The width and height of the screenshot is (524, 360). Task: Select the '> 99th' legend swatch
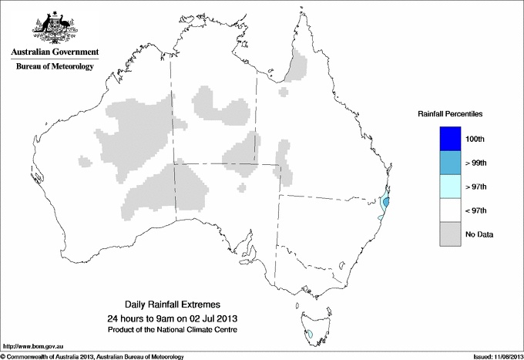coord(448,162)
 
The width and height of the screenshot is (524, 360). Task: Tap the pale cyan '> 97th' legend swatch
coord(448,186)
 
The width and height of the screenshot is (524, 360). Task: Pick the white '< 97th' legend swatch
coord(448,210)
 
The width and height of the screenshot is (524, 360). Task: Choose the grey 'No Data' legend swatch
coord(448,234)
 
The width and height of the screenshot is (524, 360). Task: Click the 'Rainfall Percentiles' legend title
coord(450,113)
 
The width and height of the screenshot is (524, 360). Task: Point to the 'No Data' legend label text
coord(479,234)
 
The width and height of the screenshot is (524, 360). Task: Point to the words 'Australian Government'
coord(54,52)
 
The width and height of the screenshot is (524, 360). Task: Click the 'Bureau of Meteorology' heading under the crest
coord(54,66)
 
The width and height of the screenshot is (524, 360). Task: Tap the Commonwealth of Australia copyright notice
coord(92,356)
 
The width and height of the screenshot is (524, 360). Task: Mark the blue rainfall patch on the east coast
coord(386,203)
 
